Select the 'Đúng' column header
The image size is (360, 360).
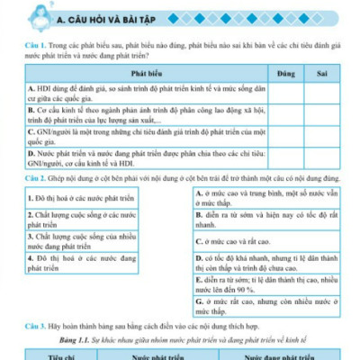286,69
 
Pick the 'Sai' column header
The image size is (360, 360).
323,69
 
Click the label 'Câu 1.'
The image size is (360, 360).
35,45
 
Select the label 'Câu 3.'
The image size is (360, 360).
35,322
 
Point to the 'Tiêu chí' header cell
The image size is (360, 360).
62,355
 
